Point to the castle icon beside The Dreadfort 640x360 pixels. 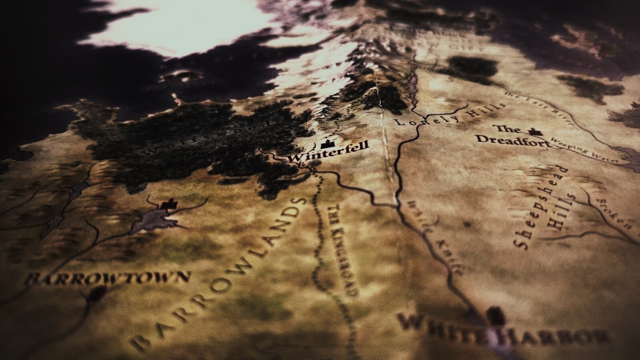[533, 131]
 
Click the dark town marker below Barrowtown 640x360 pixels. [96, 295]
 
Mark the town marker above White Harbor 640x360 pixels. [495, 314]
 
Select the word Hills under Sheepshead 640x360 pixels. [563, 212]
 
